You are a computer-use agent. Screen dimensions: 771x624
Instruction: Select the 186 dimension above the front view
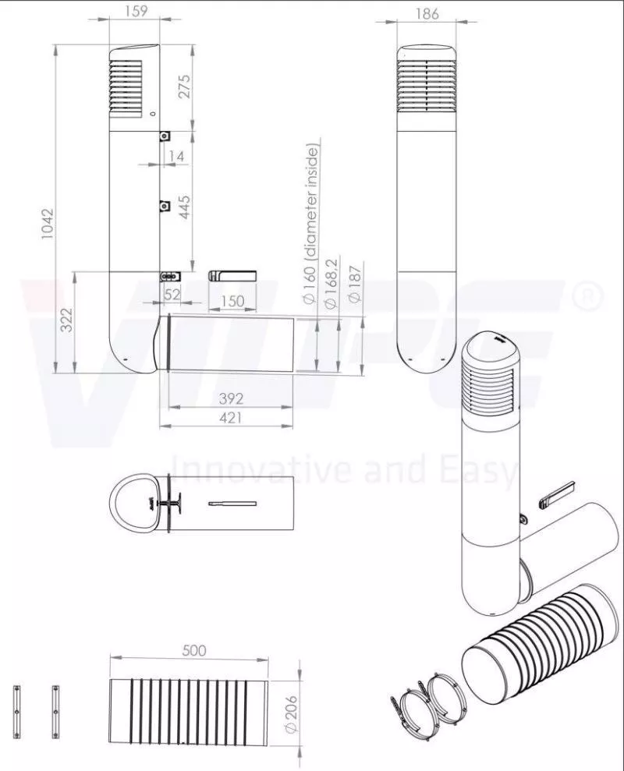coord(427,13)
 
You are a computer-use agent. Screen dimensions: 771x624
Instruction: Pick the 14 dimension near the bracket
coord(176,157)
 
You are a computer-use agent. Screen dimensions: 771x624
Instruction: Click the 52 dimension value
coord(172,294)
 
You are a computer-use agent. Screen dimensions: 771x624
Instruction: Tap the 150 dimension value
coord(232,300)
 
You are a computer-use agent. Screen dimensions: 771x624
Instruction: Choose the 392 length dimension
coord(231,398)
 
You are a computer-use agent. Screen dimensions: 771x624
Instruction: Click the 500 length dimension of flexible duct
coord(193,651)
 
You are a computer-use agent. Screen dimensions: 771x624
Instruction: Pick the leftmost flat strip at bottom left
coord(16,709)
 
